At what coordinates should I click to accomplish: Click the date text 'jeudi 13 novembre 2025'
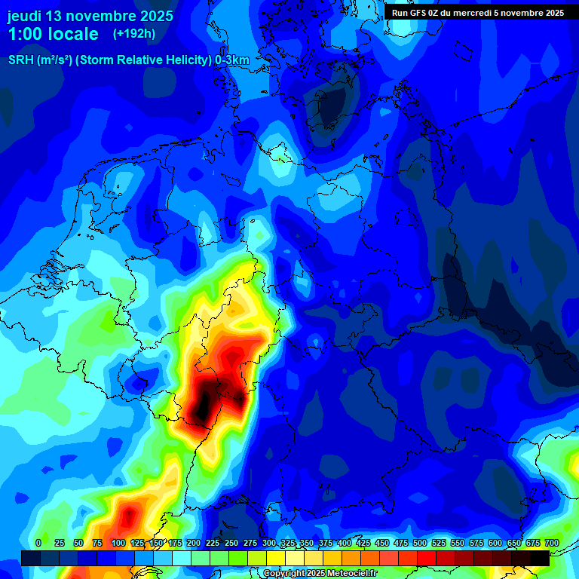coord(90,16)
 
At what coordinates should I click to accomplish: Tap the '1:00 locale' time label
coord(54,34)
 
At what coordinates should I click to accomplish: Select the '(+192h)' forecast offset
coord(134,34)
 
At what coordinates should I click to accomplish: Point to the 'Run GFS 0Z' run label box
coord(477,12)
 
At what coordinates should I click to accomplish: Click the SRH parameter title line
coord(128,60)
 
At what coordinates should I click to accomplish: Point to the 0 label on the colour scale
coord(38,544)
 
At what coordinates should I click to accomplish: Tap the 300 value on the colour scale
coord(268,544)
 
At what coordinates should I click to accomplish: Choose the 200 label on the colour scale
coord(193,544)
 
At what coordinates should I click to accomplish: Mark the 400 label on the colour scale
coord(344,544)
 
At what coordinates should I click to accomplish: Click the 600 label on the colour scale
coord(495,544)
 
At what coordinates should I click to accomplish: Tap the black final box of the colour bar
coord(539,558)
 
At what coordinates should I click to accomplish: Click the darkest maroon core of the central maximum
coord(202,407)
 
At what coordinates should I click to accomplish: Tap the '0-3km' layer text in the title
coord(232,60)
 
